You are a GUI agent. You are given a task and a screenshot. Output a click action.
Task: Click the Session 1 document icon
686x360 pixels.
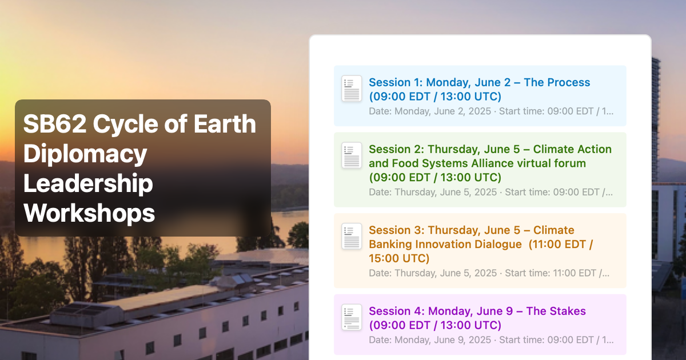[352, 89]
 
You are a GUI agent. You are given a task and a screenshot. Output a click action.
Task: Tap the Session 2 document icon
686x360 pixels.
[352, 155]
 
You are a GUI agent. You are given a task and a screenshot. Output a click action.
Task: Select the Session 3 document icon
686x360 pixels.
[352, 236]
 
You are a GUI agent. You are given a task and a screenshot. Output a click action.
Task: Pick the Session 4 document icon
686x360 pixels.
[352, 317]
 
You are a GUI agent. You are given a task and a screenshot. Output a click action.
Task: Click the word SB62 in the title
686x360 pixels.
[55, 123]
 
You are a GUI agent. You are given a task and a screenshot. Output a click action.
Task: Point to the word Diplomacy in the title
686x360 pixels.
[85, 154]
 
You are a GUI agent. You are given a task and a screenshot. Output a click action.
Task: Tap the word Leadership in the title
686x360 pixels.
[88, 183]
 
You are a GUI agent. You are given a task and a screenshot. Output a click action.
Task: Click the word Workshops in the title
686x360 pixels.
[89, 213]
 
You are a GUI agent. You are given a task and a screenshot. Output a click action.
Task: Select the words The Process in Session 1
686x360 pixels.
[557, 82]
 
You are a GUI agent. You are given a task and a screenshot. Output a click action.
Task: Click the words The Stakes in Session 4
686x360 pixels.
[556, 311]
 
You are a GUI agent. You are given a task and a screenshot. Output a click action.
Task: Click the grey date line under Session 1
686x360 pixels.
[491, 111]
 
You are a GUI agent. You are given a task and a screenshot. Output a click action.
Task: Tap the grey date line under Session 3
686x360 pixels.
[489, 273]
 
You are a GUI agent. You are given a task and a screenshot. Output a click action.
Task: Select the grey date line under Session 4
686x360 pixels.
[491, 340]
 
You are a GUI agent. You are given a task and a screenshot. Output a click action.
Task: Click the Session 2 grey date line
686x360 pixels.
[490, 192]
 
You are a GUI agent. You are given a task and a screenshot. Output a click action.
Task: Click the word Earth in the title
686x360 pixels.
[225, 123]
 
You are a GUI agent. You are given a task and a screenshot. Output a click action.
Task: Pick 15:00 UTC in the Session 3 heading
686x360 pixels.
[399, 258]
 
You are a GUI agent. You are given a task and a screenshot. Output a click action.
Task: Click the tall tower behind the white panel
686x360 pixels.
[656, 119]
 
